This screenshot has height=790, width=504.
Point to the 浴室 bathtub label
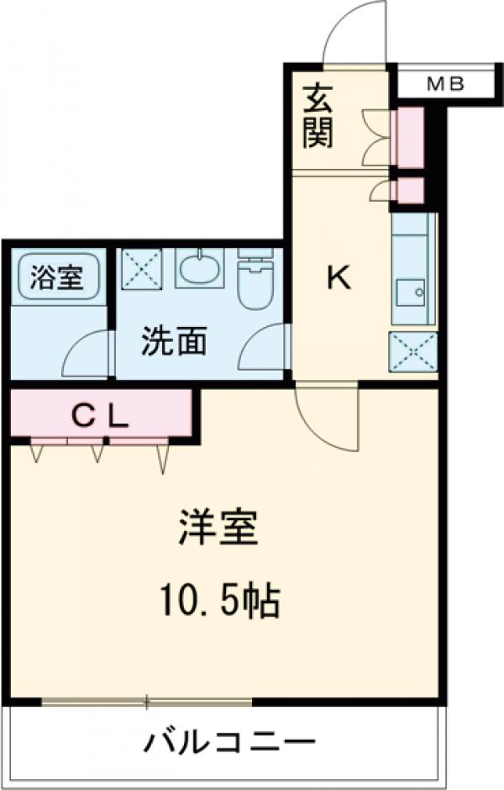tap(57, 277)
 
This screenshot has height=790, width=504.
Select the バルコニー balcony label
tap(229, 743)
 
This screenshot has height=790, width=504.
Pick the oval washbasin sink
tap(200, 269)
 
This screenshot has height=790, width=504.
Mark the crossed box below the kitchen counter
tap(412, 351)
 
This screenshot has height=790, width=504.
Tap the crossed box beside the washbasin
tap(140, 268)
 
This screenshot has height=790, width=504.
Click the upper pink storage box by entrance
tap(409, 137)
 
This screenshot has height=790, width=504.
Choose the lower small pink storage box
tap(409, 192)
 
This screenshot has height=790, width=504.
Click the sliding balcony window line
tap(147, 700)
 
